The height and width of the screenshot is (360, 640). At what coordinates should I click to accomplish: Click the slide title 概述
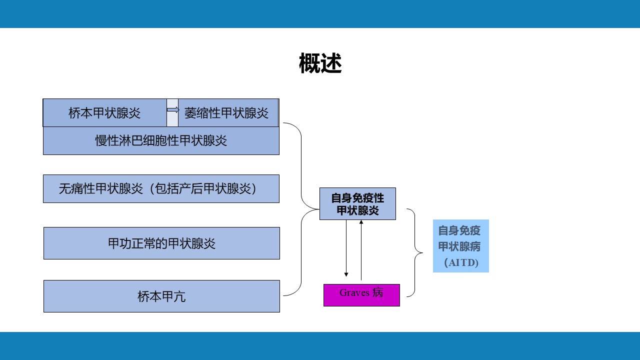coord(320,63)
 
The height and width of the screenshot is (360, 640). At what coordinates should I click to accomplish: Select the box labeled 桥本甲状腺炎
coord(104,113)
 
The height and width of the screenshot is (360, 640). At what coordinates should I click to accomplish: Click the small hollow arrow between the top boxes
coord(173,109)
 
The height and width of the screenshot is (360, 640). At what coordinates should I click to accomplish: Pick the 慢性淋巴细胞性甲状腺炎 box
coord(161,141)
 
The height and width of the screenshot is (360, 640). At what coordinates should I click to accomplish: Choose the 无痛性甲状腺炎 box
coord(161,188)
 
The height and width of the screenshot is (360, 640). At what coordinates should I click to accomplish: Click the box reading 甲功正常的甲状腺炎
coord(161,243)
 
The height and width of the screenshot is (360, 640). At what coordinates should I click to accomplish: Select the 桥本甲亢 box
coord(161,296)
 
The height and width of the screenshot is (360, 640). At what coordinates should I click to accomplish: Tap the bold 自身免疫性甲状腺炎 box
coord(357,203)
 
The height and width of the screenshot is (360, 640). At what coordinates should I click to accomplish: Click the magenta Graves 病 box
coord(361,295)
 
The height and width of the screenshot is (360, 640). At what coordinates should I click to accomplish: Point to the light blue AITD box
coord(461,246)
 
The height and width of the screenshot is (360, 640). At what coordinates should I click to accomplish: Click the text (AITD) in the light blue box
coord(461,262)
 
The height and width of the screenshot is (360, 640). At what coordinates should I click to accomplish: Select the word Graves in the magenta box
coord(354,292)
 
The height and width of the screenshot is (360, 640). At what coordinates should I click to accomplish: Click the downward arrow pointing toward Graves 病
coord(346,248)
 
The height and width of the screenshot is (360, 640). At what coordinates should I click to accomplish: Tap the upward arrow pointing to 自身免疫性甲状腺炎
coord(361,250)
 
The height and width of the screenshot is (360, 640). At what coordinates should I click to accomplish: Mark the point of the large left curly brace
coord(319,209)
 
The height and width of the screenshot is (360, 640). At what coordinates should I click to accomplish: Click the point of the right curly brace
coord(422,252)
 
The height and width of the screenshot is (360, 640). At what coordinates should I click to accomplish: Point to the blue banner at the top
coord(320,14)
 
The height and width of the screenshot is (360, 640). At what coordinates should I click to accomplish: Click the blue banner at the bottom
coord(320,346)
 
